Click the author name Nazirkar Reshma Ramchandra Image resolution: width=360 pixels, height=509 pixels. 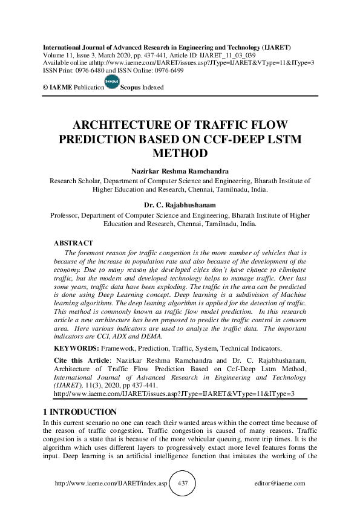180,171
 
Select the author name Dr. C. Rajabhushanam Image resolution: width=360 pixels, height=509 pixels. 180,205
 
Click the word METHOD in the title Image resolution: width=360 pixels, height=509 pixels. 180,154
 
